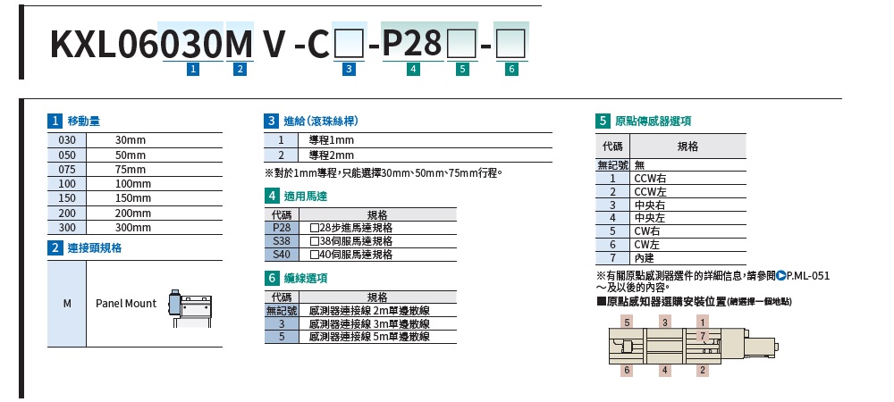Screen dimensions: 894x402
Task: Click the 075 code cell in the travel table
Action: pyautogui.click(x=67, y=169)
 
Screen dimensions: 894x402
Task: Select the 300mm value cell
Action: pyautogui.click(x=133, y=228)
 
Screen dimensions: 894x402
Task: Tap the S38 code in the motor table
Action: pyautogui.click(x=282, y=241)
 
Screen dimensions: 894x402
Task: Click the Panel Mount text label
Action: pyautogui.click(x=125, y=304)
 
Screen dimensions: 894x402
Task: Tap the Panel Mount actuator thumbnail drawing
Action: pyautogui.click(x=190, y=308)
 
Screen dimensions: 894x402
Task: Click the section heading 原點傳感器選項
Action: pyautogui.click(x=654, y=121)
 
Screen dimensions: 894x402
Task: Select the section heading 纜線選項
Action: pyautogui.click(x=306, y=279)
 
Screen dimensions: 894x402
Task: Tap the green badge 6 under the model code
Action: pyautogui.click(x=511, y=70)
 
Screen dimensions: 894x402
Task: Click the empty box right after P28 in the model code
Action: pyautogui.click(x=462, y=44)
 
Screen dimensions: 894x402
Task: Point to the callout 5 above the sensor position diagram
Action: pyautogui.click(x=628, y=322)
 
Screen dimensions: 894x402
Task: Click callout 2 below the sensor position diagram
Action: pyautogui.click(x=703, y=370)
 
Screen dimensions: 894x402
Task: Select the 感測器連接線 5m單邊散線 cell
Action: pyautogui.click(x=369, y=337)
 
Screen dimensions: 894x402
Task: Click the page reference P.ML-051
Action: pyautogui.click(x=807, y=275)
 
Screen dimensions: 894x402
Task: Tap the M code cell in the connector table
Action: pyautogui.click(x=67, y=304)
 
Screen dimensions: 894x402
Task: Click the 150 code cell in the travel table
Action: pyautogui.click(x=67, y=198)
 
